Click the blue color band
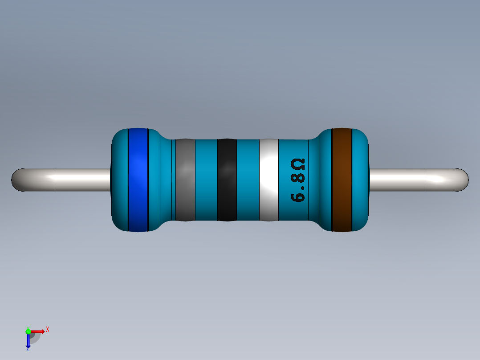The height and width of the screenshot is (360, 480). (x=138, y=180)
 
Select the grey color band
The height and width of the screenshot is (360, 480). (x=185, y=180)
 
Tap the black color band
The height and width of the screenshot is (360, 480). (x=227, y=180)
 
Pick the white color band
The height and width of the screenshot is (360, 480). (x=268, y=180)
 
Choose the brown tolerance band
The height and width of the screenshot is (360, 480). (x=342, y=180)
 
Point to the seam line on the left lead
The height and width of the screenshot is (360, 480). (x=55, y=180)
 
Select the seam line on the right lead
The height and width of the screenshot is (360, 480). (x=425, y=180)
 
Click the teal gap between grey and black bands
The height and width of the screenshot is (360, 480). (x=206, y=180)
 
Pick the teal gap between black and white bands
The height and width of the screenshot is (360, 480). (x=248, y=180)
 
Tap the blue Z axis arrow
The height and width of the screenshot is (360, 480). (x=28, y=341)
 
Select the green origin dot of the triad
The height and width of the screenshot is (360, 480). (x=28, y=331)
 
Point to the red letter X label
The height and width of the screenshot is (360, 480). (x=47, y=329)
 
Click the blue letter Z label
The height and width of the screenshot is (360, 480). (x=28, y=350)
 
